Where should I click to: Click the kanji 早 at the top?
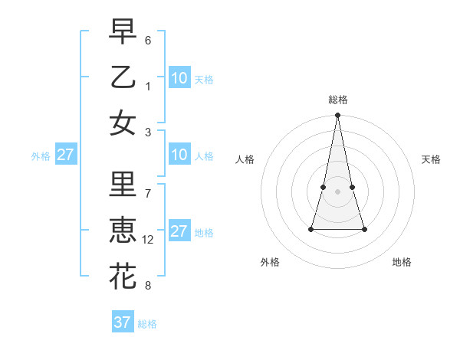(x=123, y=33)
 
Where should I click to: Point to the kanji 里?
(x=123, y=186)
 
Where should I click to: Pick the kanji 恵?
(x=123, y=231)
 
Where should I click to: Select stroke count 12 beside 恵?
(x=148, y=240)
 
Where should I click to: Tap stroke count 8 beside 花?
(x=148, y=286)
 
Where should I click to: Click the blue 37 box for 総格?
(x=123, y=322)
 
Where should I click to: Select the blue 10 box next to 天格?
(x=179, y=77)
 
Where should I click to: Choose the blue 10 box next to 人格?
(x=179, y=155)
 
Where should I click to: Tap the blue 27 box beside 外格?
(x=66, y=155)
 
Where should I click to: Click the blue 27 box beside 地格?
(x=179, y=231)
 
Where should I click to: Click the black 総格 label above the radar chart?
(x=337, y=100)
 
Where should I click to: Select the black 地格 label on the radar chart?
(x=402, y=262)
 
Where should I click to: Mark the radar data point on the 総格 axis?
(x=337, y=116)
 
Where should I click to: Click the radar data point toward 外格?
(x=311, y=229)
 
